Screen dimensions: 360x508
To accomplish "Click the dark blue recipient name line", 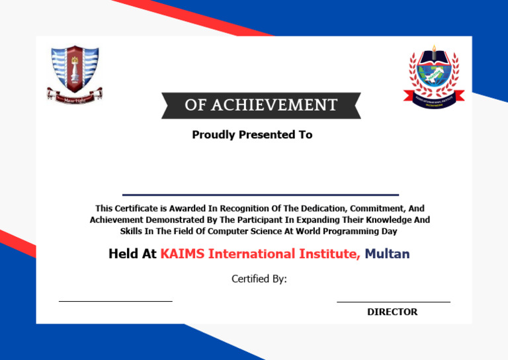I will [261, 195].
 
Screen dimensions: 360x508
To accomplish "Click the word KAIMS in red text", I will [183, 254].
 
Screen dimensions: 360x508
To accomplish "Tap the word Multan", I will [387, 254].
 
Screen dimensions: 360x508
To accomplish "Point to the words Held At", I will [132, 254].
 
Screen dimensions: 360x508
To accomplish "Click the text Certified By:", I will [259, 279].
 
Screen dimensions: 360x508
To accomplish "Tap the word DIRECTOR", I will [392, 312].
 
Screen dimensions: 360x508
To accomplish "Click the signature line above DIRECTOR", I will [393, 302].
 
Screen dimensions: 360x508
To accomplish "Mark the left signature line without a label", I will [115, 301].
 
